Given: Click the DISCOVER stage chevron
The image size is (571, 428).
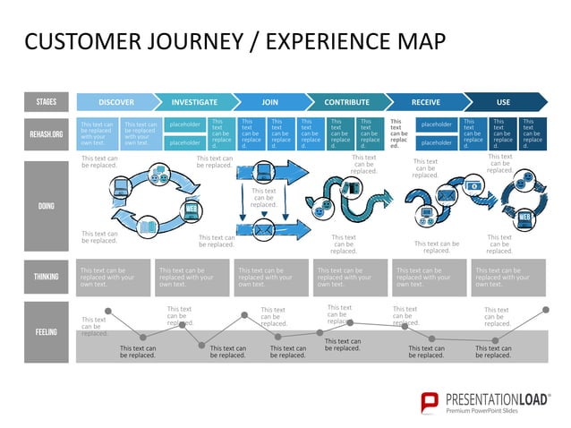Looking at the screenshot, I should coord(116,102).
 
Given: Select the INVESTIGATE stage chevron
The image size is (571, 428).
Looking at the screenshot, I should coord(194,102).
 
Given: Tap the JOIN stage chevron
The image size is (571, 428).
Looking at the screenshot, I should coord(269,102).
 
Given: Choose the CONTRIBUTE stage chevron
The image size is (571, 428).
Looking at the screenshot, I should coord(346,102).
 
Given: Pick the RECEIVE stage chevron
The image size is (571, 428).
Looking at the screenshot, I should coord(425,102).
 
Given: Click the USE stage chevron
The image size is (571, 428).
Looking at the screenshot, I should coord(503,102).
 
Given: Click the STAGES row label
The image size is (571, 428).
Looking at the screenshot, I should coord(46,102).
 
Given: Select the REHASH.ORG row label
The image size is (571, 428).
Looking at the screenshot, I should coord(46,133).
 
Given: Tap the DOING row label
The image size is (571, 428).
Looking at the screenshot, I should coord(46,206).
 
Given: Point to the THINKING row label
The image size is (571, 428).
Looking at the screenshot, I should coord(46,278).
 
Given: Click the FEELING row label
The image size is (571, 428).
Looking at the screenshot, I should coord(46,332).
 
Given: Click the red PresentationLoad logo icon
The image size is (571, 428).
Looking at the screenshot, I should coord(430,400).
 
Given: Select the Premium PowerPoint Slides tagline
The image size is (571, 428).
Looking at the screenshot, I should coord(495,410).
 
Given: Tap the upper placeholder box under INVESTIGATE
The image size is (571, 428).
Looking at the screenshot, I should coord(185,125).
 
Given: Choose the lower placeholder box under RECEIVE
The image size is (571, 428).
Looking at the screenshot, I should coord(436,142).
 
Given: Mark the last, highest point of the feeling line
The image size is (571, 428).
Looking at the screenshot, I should coord(546,310).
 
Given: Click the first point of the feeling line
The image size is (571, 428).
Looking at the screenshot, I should coord(108,311).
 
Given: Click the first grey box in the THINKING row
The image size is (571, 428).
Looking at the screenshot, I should coord(114,278).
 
